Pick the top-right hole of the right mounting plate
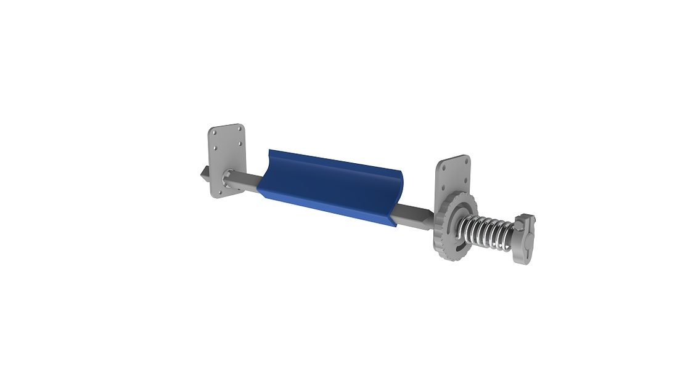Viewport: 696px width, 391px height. point(466,161)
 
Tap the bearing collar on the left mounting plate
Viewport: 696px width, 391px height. point(228,180)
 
